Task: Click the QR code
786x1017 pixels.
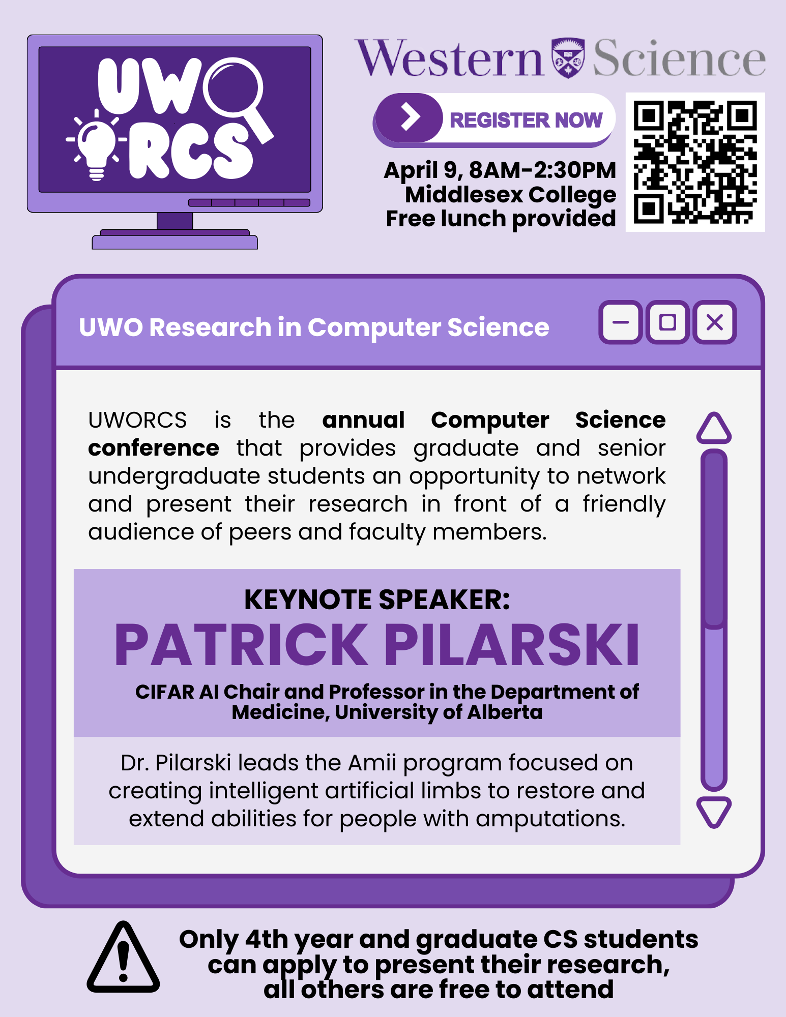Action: tap(695, 162)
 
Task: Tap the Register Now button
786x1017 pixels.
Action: tap(494, 120)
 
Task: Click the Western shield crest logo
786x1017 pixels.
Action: tap(568, 57)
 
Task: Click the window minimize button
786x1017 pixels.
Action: tap(620, 322)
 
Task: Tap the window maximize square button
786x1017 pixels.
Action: tap(667, 322)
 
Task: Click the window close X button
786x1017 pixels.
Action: tap(715, 322)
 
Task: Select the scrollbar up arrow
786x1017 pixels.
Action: tap(714, 428)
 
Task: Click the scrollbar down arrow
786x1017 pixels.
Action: tap(714, 812)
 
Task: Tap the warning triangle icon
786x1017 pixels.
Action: tap(123, 957)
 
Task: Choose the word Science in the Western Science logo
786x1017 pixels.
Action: tap(679, 58)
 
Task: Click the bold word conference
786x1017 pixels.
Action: tap(154, 448)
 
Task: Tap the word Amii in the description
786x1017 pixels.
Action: tap(372, 763)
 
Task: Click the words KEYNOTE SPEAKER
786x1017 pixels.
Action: tap(377, 600)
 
